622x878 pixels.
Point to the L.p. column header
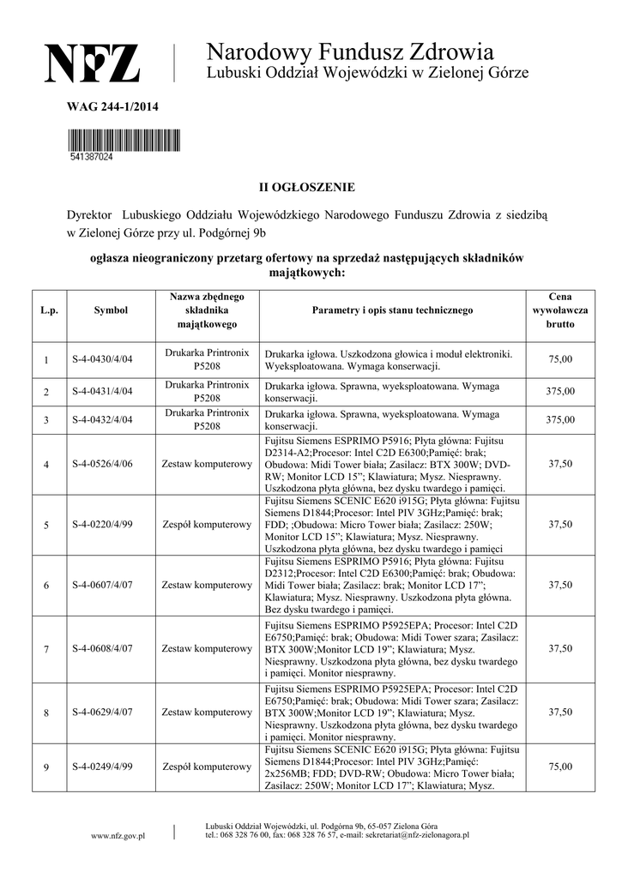(x=49, y=310)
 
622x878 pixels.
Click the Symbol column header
(x=111, y=310)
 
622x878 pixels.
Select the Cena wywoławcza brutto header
(x=560, y=310)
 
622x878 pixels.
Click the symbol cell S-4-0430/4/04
(x=102, y=359)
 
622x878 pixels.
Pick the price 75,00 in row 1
(x=560, y=359)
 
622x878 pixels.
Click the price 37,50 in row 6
(x=560, y=585)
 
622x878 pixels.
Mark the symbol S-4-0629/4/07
(x=102, y=712)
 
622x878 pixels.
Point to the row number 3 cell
(x=46, y=419)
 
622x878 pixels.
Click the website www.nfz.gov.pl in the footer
(x=118, y=836)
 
